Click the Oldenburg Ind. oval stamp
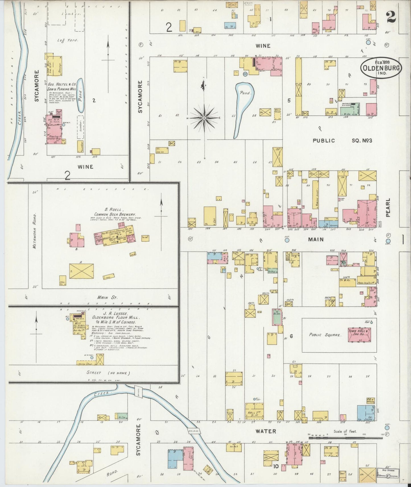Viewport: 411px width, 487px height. pyautogui.click(x=381, y=67)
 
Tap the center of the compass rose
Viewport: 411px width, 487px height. pyautogui.click(x=205, y=117)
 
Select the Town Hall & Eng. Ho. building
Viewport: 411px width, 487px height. pyautogui.click(x=359, y=334)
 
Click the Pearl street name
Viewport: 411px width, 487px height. pyautogui.click(x=388, y=207)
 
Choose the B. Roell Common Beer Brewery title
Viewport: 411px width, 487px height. pyautogui.click(x=115, y=212)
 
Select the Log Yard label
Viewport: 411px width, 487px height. pyautogui.click(x=67, y=40)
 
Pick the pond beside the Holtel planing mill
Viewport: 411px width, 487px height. pyautogui.click(x=80, y=95)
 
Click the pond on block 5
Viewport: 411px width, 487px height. pyautogui.click(x=242, y=108)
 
